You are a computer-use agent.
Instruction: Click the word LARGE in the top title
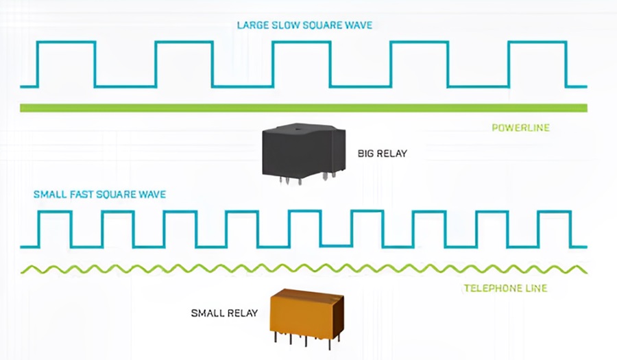tap(253, 25)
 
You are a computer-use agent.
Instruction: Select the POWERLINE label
tap(520, 128)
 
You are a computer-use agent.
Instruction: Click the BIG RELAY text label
tap(382, 154)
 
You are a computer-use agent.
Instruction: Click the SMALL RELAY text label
tap(224, 313)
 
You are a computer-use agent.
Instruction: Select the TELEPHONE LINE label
tap(505, 288)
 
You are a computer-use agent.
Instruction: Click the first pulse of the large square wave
tap(66, 63)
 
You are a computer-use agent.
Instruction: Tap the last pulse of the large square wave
tap(537, 63)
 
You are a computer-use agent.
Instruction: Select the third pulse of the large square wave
tap(301, 63)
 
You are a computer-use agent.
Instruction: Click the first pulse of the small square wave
tap(55, 228)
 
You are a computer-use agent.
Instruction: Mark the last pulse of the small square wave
tap(554, 228)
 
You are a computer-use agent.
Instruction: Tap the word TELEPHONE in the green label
tap(491, 288)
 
